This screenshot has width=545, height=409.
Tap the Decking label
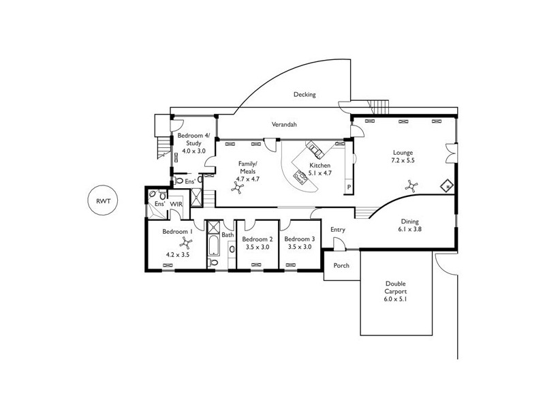(x=305, y=95)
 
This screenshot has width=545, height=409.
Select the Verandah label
(x=283, y=124)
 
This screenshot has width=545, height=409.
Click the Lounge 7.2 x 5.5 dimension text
(x=403, y=160)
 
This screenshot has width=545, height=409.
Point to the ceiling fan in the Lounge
(x=411, y=184)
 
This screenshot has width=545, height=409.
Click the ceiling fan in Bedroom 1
(x=183, y=243)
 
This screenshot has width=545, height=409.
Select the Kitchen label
(x=320, y=166)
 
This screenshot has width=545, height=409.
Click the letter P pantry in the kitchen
(x=349, y=187)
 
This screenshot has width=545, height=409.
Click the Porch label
(x=341, y=265)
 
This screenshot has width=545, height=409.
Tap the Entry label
(x=338, y=230)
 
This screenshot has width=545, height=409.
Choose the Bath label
(x=228, y=235)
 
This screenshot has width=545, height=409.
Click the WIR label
(x=176, y=204)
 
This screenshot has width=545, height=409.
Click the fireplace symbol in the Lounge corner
(x=448, y=185)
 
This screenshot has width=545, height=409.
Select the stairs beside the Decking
(x=379, y=106)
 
